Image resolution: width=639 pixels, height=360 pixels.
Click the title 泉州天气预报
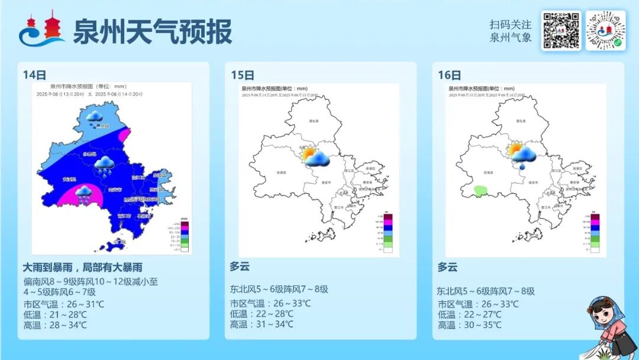pyautogui.click(x=152, y=31)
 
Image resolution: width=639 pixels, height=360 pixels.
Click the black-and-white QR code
pyautogui.click(x=561, y=31)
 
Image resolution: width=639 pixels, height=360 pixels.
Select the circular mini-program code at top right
pyautogui.click(x=605, y=31)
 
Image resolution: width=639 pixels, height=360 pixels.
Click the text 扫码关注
pyautogui.click(x=511, y=25)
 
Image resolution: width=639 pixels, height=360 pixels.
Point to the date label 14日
pyautogui.click(x=35, y=75)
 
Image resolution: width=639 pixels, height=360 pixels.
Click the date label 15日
pyautogui.click(x=243, y=75)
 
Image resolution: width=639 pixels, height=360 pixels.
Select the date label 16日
pyautogui.click(x=450, y=75)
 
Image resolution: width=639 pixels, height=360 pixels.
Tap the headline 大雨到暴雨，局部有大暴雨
pyautogui.click(x=83, y=267)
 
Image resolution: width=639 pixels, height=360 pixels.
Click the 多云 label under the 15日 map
pyautogui.click(x=240, y=266)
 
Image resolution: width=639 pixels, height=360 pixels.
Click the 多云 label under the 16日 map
pyautogui.click(x=447, y=267)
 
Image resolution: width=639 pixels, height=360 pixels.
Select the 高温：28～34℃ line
pyautogui.click(x=55, y=324)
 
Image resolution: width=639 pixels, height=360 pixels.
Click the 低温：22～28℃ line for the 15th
pyautogui.click(x=262, y=314)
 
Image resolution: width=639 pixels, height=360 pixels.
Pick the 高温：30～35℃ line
pyautogui.click(x=470, y=325)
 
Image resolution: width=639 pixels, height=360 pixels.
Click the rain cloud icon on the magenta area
pyautogui.click(x=83, y=194)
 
